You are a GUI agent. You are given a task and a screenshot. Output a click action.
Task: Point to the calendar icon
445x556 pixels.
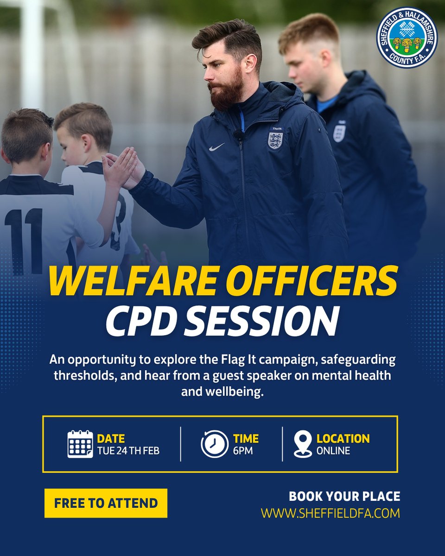pos(80,444)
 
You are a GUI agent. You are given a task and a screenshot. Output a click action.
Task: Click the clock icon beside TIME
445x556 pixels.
pos(215,444)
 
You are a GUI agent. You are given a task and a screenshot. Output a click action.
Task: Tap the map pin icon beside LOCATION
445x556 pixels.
pos(303,444)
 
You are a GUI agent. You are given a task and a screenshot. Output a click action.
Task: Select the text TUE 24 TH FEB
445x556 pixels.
pos(128,450)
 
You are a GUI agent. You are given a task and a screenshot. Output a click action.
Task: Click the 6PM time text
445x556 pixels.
pos(243,450)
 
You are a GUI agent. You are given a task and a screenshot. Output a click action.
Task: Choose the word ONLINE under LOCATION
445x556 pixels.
pos(333,450)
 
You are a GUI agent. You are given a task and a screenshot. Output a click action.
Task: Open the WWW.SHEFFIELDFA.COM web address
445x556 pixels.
pos(330,513)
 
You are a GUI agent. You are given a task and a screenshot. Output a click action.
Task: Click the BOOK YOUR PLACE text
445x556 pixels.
pos(344,497)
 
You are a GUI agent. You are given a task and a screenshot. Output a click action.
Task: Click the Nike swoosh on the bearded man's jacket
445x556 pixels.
pos(217,147)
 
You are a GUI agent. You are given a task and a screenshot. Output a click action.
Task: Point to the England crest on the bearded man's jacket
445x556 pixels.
pos(275,140)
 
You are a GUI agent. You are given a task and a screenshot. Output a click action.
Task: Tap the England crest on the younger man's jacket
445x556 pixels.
pos(339,133)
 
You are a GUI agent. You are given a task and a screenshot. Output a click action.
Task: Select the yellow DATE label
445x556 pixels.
pos(111,438)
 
